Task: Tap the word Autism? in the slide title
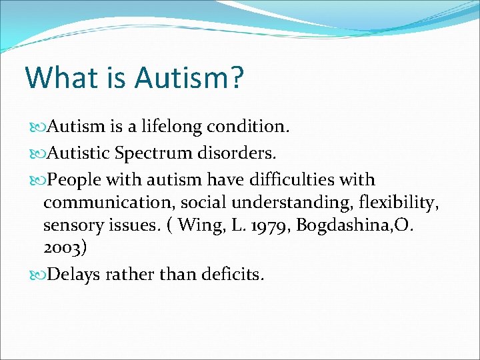[x=189, y=77]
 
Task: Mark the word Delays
[x=76, y=274]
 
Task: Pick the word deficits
[x=233, y=274]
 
